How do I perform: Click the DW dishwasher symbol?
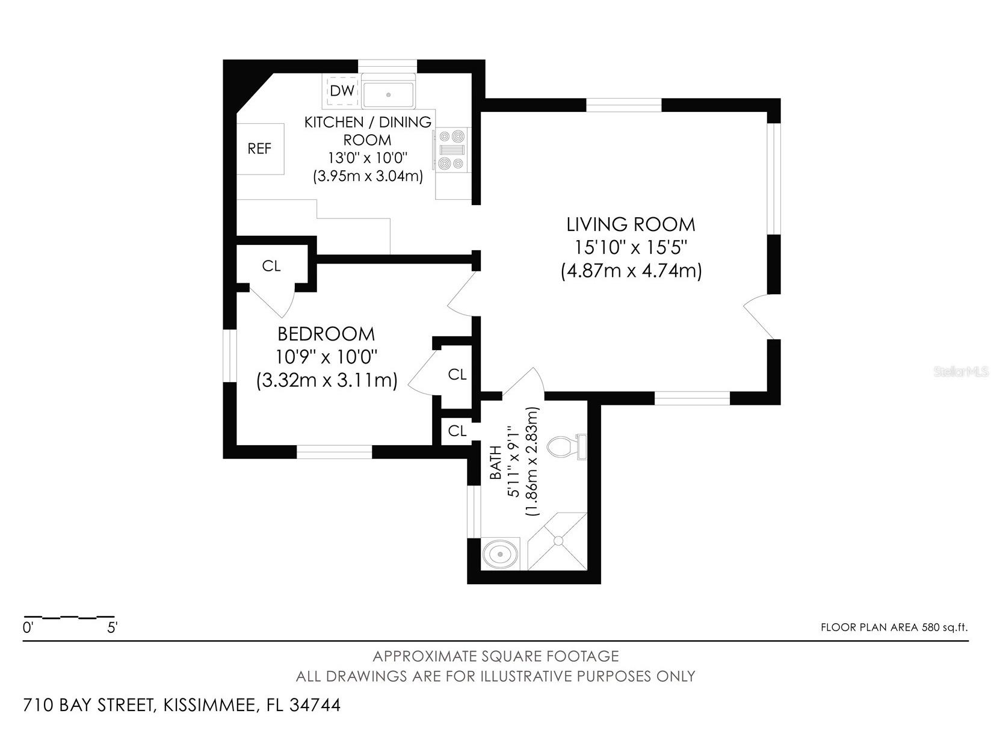[342, 91]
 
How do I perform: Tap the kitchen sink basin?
[389, 94]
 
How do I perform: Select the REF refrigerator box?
[260, 149]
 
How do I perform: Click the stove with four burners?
[452, 149]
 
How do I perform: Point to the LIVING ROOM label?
[631, 224]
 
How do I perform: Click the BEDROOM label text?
[326, 334]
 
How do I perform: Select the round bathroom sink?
[499, 553]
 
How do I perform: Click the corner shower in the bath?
[557, 541]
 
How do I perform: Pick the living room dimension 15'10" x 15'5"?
[631, 247]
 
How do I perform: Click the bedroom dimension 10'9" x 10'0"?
[326, 357]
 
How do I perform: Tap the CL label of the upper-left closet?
[271, 266]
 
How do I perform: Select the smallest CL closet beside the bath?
[457, 431]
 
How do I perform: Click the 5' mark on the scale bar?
[113, 628]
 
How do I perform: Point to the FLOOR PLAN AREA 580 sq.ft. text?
[894, 627]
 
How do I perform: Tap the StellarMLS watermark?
[961, 372]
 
